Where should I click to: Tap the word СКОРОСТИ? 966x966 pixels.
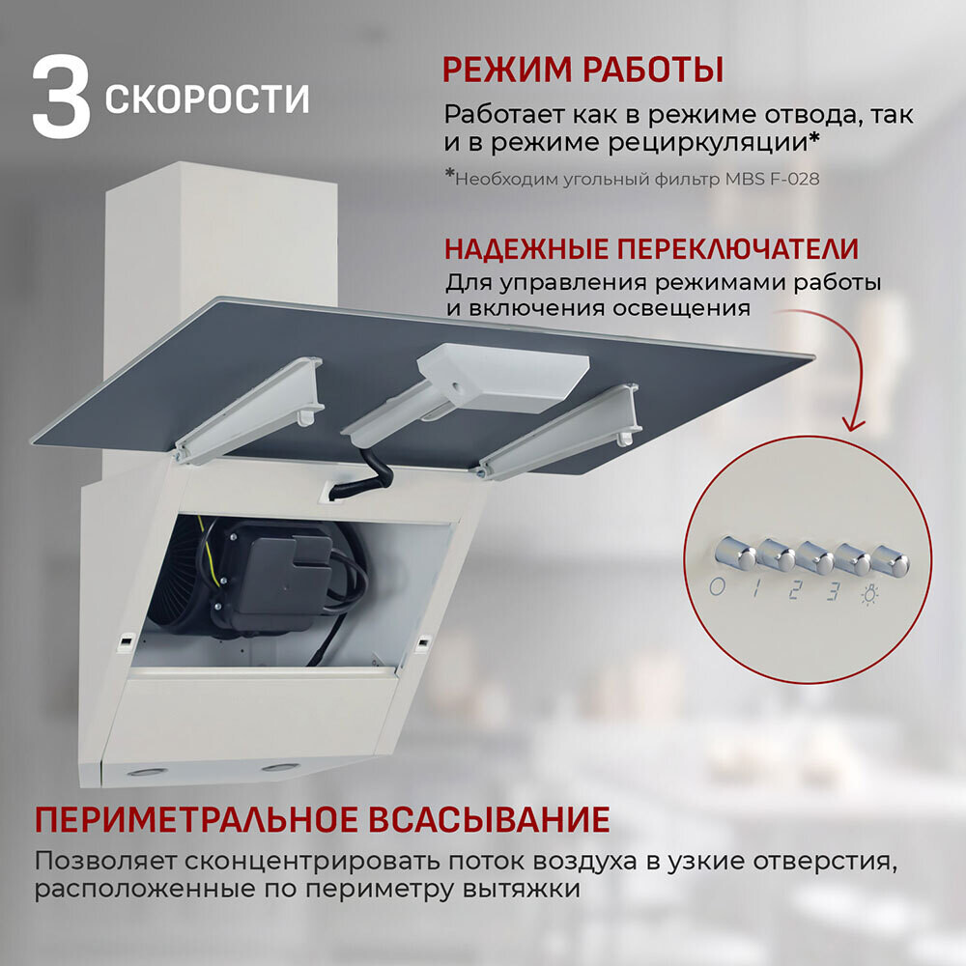[207, 99]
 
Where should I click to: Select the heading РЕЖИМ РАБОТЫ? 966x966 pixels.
[582, 71]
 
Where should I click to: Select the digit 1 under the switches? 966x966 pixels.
[755, 588]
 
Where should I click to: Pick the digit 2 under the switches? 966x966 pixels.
[794, 590]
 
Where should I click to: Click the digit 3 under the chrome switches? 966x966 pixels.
[832, 591]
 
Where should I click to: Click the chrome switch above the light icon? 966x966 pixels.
[889, 558]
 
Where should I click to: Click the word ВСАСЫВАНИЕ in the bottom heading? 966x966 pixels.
[490, 820]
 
